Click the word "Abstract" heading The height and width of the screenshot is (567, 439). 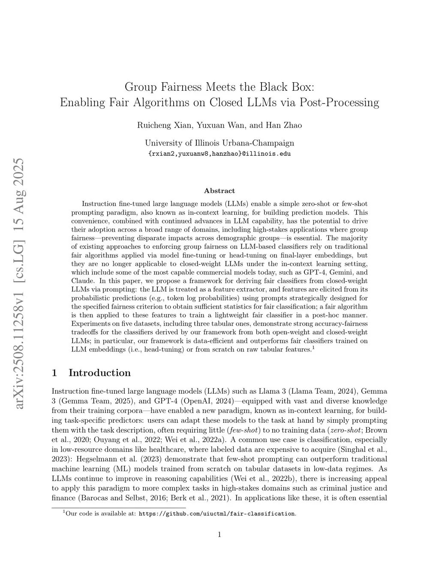(219, 191)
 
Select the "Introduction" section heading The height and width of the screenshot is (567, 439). (99, 373)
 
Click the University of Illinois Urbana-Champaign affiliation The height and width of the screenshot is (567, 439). (219, 143)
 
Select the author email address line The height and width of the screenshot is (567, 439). (219, 154)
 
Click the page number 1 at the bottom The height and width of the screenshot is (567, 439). (219, 534)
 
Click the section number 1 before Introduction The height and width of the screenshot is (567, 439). (54, 373)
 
